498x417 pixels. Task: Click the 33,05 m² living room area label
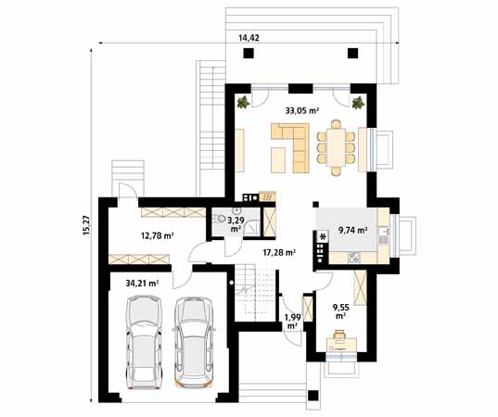click(302, 110)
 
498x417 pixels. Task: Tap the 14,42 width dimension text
click(249, 38)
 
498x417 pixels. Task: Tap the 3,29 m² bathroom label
click(236, 224)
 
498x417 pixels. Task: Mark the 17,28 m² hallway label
click(278, 251)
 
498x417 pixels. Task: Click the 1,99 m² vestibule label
click(292, 322)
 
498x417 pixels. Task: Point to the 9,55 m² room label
click(340, 310)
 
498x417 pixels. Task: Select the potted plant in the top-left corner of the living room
click(243, 102)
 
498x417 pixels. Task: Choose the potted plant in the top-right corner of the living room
click(358, 102)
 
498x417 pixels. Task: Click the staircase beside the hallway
click(254, 291)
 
